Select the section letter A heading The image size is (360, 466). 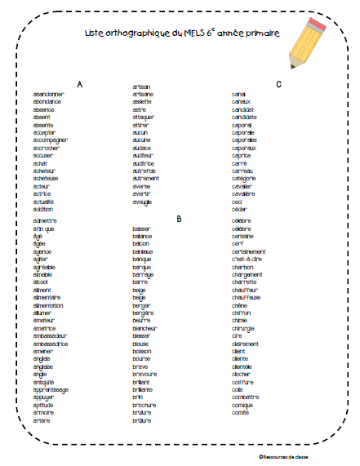79,85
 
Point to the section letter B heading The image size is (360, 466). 178,219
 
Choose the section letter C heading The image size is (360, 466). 278,85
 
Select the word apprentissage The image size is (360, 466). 51,390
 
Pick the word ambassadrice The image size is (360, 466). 51,344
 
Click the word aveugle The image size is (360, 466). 143,202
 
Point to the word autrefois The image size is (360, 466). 144,171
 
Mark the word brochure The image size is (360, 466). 144,406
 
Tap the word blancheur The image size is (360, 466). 145,328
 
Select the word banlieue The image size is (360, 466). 144,251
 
